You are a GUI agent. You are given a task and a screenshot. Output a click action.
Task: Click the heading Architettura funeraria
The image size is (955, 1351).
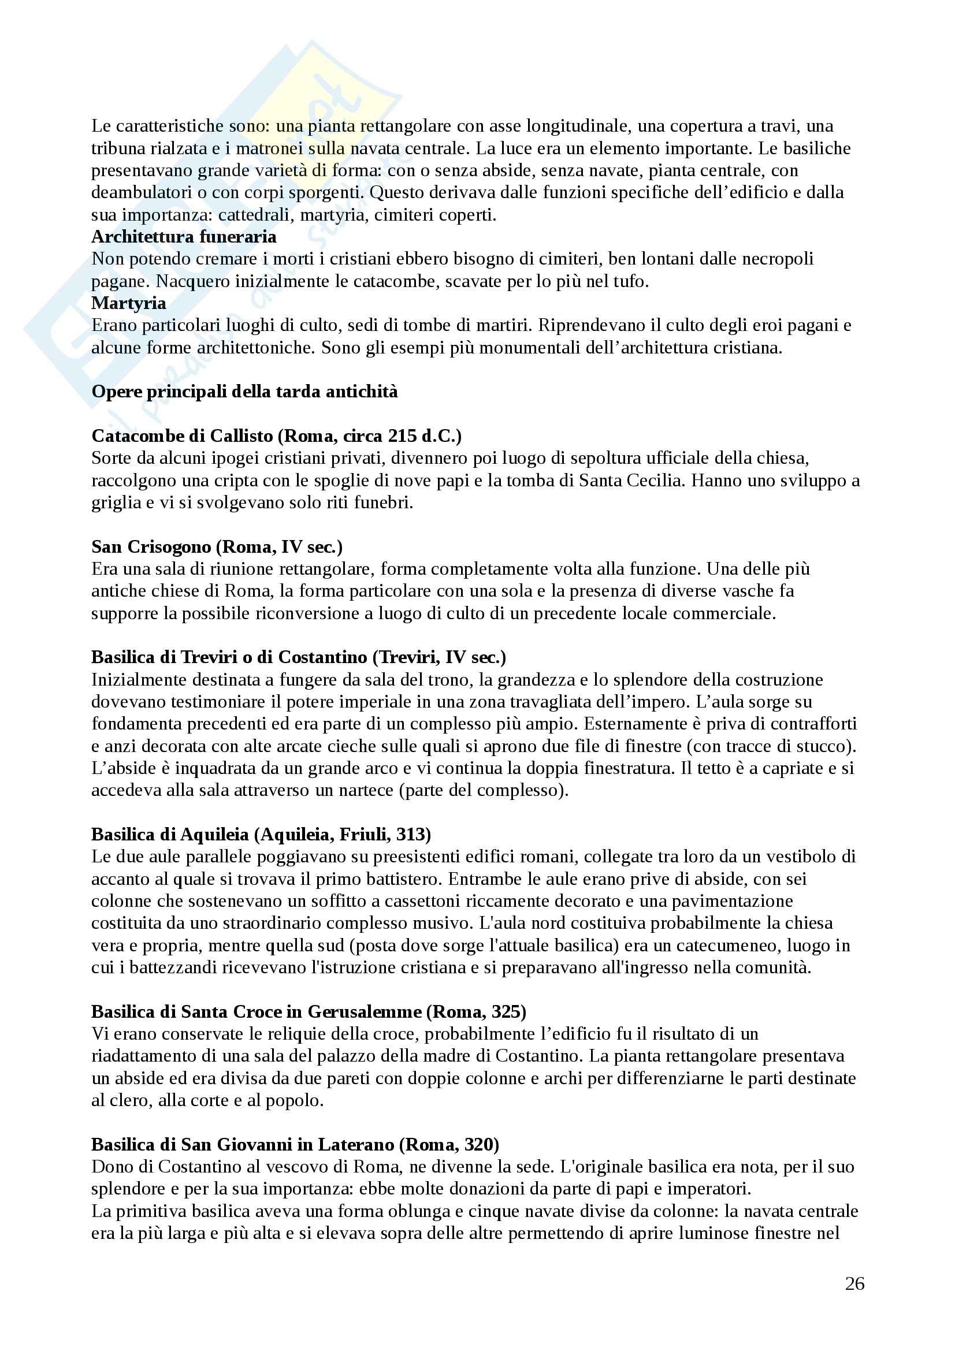[184, 237]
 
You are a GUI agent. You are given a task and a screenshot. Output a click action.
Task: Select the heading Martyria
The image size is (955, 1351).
[128, 303]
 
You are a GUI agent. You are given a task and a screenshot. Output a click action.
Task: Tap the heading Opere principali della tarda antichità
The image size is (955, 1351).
[244, 391]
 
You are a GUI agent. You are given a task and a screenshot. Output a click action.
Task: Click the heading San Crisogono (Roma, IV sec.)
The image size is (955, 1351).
[217, 546]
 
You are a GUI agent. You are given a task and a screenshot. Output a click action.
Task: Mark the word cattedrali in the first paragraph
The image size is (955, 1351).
[255, 215]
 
